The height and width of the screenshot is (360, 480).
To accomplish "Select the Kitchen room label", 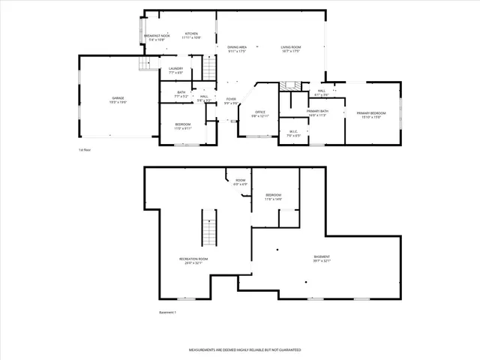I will pyautogui.click(x=191, y=35).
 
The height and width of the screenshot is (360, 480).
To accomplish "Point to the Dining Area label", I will pyautogui.click(x=237, y=49).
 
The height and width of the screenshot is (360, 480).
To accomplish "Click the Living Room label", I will pyautogui.click(x=291, y=49).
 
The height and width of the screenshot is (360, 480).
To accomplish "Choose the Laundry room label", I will pyautogui.click(x=176, y=70).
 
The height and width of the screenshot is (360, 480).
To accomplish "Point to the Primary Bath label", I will pyautogui.click(x=318, y=112).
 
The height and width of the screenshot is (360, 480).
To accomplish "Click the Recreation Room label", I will pyautogui.click(x=193, y=260).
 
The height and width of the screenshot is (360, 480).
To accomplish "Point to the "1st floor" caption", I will pyautogui.click(x=85, y=150).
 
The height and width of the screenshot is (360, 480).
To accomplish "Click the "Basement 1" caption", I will pyautogui.click(x=168, y=312).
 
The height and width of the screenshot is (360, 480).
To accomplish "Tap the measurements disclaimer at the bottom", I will pyautogui.click(x=239, y=350).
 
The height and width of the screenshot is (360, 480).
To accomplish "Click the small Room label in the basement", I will pyautogui.click(x=240, y=181).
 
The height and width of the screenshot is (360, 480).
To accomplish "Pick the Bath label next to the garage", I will pyautogui.click(x=180, y=94).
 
